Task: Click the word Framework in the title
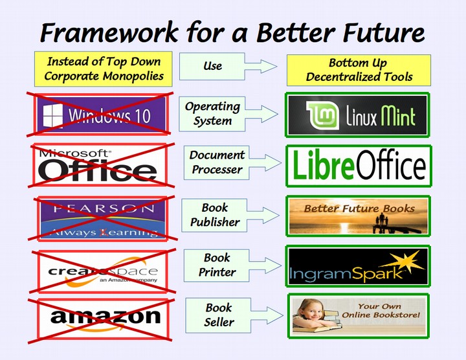tap(109, 32)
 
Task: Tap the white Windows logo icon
tap(53, 116)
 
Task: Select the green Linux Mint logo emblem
tap(323, 115)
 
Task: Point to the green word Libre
tap(324, 164)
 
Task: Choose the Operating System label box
tap(212, 114)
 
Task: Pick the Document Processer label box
tap(217, 163)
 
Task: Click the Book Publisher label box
tap(215, 215)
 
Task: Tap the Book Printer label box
tap(217, 265)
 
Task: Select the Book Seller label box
tap(219, 315)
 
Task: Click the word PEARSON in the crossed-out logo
tap(104, 208)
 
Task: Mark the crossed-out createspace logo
tap(102, 271)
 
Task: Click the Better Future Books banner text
tap(359, 208)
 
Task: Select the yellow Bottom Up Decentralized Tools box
tap(359, 70)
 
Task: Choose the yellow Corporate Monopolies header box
tap(104, 69)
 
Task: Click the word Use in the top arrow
tap(212, 66)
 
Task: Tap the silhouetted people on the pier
tap(382, 220)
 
